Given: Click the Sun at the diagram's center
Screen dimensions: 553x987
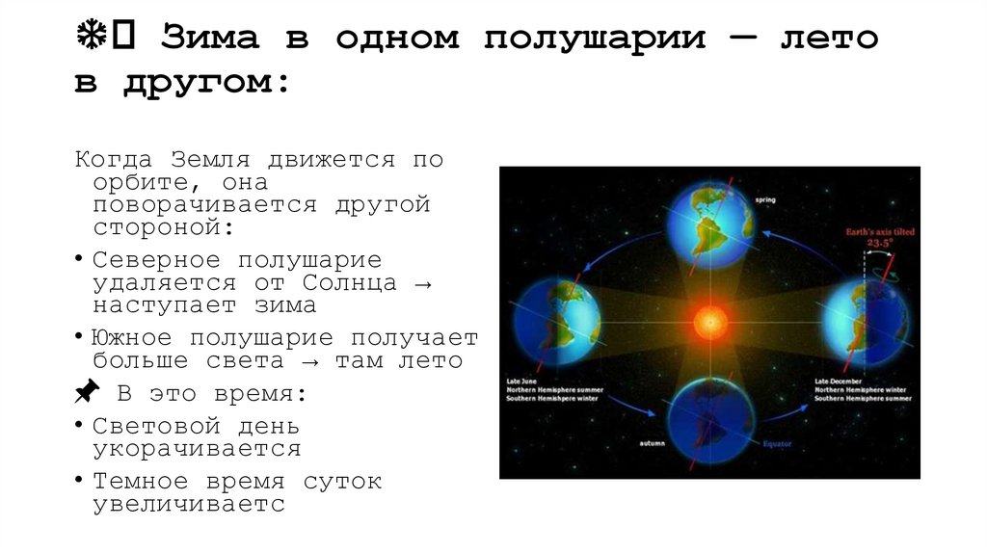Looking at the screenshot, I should click(x=709, y=321).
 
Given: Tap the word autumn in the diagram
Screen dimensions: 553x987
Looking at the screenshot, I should click(x=653, y=443).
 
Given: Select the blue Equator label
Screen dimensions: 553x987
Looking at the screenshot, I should click(x=777, y=444).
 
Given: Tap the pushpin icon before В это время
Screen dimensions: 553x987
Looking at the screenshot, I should click(x=86, y=392).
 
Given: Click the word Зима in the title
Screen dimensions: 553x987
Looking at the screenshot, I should click(x=210, y=39).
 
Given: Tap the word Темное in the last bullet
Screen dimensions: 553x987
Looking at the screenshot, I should click(x=141, y=481).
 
